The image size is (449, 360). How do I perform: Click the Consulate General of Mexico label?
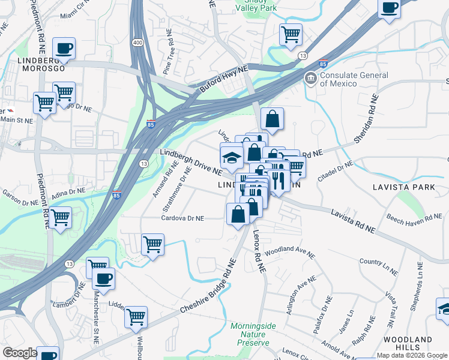click(354, 80)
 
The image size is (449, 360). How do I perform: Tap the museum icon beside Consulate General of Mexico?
click(310, 78)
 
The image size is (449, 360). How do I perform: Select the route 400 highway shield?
click(139, 43)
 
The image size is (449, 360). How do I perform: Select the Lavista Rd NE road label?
click(353, 221)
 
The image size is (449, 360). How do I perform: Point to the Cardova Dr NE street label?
click(183, 218)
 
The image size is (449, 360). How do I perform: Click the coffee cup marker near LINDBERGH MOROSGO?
click(64, 48)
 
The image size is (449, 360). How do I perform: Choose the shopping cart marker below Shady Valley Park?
click(291, 35)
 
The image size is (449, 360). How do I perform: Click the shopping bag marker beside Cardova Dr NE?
click(238, 214)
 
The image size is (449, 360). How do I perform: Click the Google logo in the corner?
click(20, 353)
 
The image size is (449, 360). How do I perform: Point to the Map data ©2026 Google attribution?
click(411, 355)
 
